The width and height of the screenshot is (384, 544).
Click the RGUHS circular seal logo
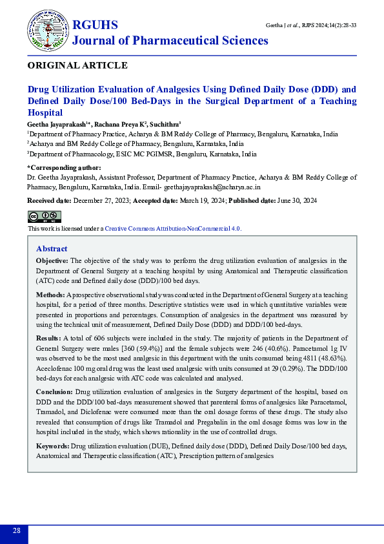tap(47, 31)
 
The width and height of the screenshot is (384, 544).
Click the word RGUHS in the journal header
tap(95, 25)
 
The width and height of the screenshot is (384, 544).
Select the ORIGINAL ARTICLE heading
tap(77, 65)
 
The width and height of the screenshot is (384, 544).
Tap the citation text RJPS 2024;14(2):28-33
tap(329, 25)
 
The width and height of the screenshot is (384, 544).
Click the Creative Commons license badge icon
tap(44, 216)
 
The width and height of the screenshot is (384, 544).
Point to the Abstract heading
tap(52, 249)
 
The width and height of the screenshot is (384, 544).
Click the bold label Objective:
tap(52, 260)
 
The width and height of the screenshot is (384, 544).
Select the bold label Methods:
tap(50, 294)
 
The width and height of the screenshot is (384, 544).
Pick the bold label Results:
tap(48, 338)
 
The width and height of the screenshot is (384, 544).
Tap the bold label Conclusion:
tap(54, 392)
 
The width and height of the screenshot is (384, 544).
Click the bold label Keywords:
tap(53, 446)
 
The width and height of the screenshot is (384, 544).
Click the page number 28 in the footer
tap(16, 531)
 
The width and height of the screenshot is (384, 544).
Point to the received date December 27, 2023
tap(102, 201)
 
